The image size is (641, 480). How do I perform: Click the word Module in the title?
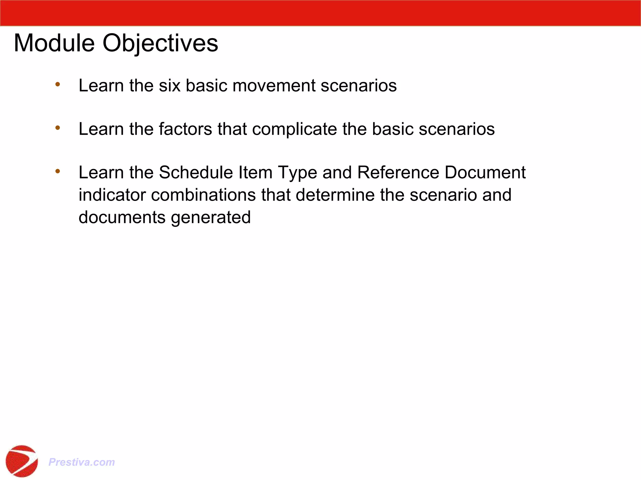coord(54,43)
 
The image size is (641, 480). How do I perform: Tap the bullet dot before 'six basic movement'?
coord(58,84)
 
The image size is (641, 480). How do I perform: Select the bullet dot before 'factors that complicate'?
coord(58,127)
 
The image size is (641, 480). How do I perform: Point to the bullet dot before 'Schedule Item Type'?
coord(58,171)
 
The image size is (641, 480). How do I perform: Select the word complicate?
coord(294,129)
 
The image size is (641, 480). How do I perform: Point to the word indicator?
coord(112,195)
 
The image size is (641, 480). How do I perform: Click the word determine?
coord(335,195)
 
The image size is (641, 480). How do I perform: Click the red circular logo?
coord(22,461)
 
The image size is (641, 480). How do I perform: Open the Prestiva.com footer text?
coord(81,462)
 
